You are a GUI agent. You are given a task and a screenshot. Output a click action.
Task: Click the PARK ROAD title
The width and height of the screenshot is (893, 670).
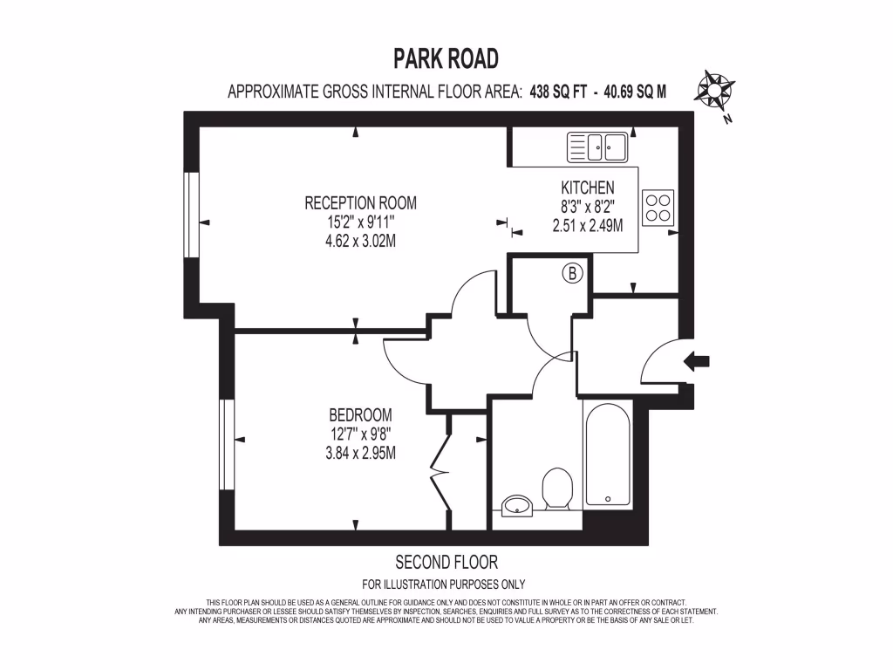[446, 58]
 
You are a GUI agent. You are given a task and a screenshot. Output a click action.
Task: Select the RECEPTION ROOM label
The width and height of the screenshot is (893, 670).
[360, 203]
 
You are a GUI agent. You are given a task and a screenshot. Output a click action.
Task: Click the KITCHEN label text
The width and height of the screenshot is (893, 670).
[587, 188]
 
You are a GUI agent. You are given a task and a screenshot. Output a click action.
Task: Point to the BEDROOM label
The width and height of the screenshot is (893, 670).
[360, 415]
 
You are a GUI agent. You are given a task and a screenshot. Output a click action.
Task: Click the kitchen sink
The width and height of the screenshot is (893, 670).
[597, 147]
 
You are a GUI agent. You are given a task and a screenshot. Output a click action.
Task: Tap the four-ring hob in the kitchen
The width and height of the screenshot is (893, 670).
[658, 206]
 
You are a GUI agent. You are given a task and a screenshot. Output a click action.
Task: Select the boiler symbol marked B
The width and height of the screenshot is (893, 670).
[572, 274]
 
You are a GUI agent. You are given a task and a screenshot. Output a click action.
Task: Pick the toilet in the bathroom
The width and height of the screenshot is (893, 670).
[556, 489]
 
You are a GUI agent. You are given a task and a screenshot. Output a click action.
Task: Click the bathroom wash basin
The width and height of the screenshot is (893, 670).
[518, 505]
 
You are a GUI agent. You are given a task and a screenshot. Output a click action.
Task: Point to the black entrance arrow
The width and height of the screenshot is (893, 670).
[699, 360]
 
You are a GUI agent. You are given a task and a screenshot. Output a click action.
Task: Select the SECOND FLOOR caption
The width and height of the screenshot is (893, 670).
[446, 562]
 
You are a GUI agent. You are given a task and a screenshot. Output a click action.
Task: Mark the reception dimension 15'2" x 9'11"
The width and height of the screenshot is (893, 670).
[360, 222]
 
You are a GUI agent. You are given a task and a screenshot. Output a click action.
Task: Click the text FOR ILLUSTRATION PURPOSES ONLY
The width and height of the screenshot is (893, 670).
[443, 585]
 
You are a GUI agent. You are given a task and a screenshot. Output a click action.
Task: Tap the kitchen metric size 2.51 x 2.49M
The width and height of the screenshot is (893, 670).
[587, 225]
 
